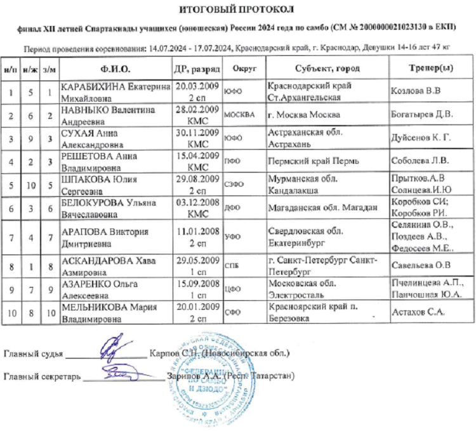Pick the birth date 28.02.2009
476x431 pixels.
click(197, 110)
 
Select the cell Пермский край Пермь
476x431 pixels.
click(305, 161)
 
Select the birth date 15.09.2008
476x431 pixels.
click(197, 285)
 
